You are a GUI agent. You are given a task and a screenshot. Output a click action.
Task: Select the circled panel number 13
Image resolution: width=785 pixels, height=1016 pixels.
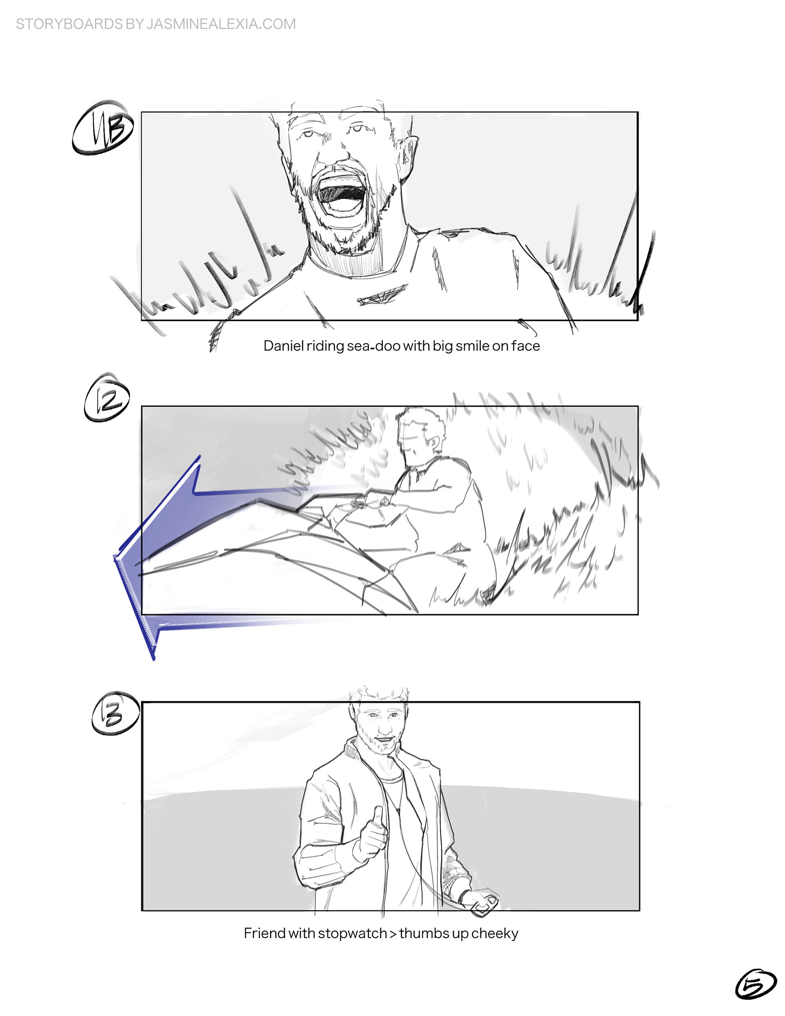(114, 713)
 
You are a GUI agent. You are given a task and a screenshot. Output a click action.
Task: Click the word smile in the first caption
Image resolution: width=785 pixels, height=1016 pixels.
(472, 346)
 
